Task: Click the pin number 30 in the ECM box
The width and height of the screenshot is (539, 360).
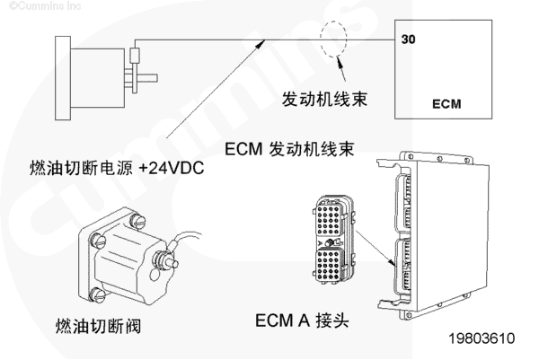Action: tap(408, 40)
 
